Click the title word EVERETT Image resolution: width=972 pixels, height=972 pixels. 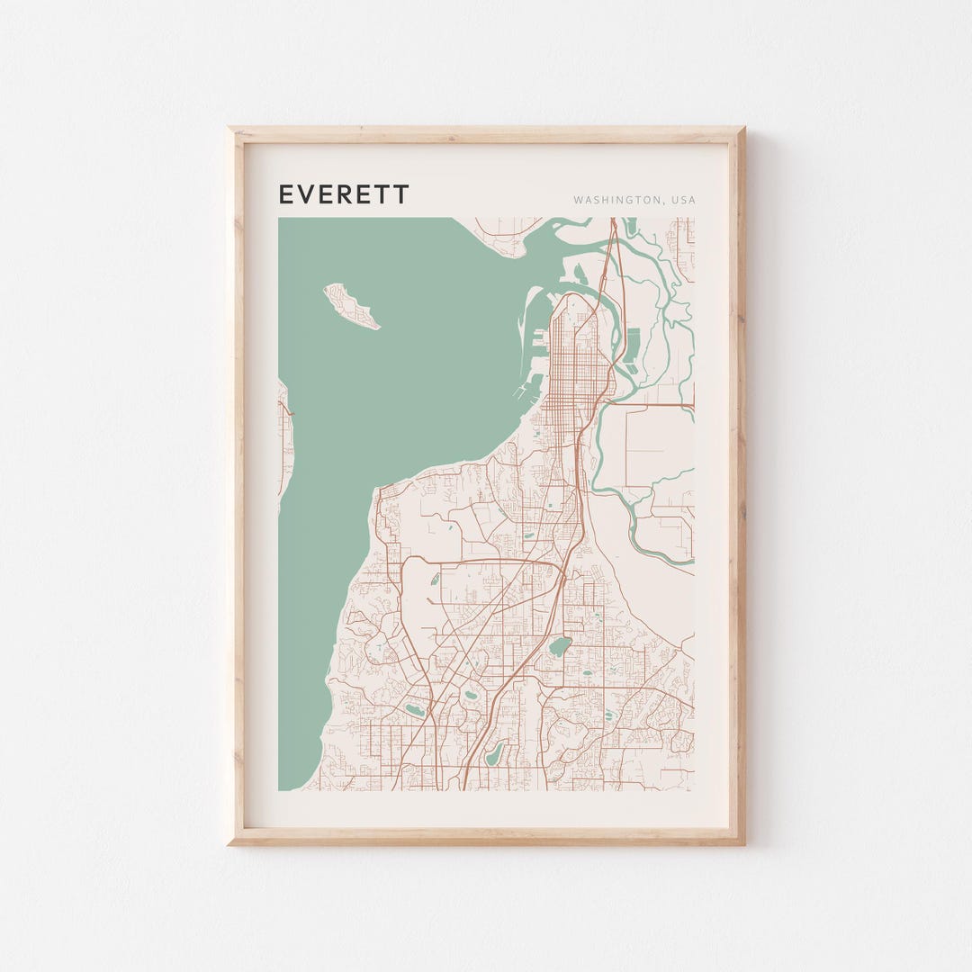point(343,194)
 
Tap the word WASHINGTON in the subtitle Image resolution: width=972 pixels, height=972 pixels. point(614,200)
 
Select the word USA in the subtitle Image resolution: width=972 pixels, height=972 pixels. point(681,200)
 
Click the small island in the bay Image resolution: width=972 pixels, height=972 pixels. point(350,306)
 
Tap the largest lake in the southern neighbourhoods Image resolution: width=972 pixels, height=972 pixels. point(560,646)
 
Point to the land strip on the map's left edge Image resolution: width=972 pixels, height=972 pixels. point(284,441)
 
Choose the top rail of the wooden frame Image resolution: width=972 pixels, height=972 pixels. point(486,135)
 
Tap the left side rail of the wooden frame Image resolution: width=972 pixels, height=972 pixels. point(237,486)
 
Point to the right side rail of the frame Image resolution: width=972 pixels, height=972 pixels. point(738,486)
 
